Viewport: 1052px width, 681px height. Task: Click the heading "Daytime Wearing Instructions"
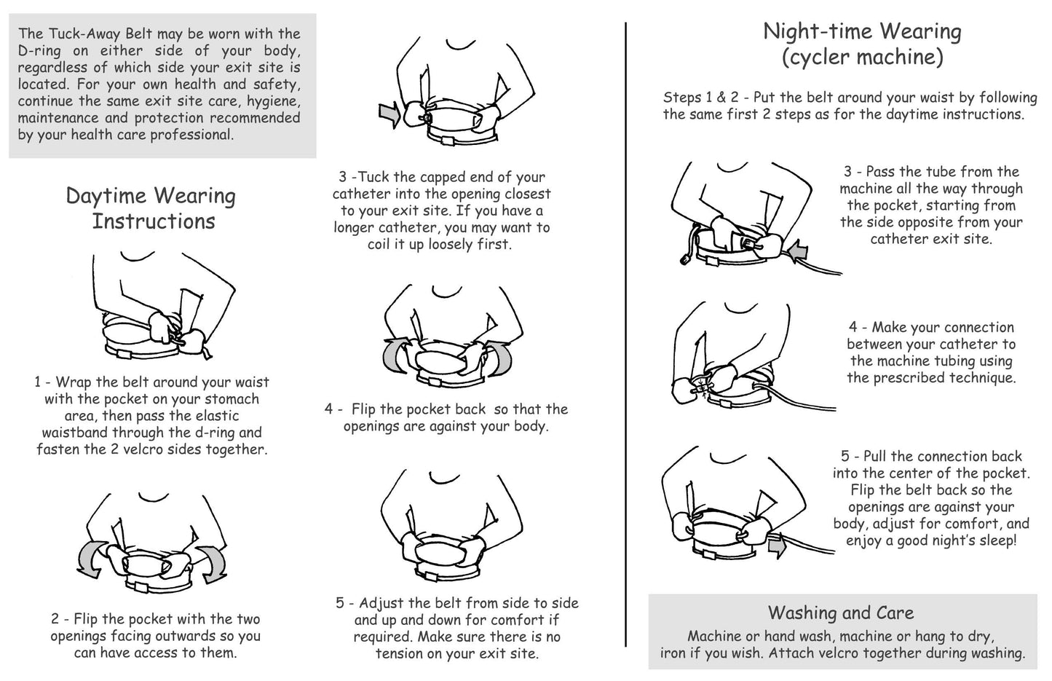[x=151, y=208]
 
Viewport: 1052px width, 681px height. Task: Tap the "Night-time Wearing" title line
[x=862, y=32]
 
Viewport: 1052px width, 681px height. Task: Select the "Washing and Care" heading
[x=841, y=613]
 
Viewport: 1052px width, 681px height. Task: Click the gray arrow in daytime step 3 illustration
[x=389, y=115]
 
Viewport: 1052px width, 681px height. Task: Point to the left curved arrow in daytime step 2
[x=93, y=559]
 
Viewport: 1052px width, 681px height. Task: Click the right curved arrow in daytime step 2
[x=211, y=563]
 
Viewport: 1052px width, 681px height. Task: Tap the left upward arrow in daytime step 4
[x=396, y=355]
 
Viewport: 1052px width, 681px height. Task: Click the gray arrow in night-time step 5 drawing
[x=778, y=547]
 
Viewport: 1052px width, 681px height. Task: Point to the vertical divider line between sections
[x=625, y=334]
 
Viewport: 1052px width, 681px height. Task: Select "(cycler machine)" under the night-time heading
[x=863, y=58]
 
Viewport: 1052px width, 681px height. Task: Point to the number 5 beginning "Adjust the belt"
[x=340, y=603]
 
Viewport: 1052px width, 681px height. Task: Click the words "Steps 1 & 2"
[x=700, y=98]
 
